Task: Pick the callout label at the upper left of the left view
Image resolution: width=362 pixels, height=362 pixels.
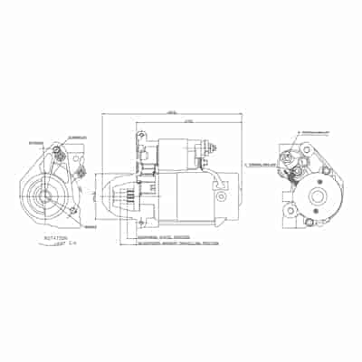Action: (35, 142)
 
